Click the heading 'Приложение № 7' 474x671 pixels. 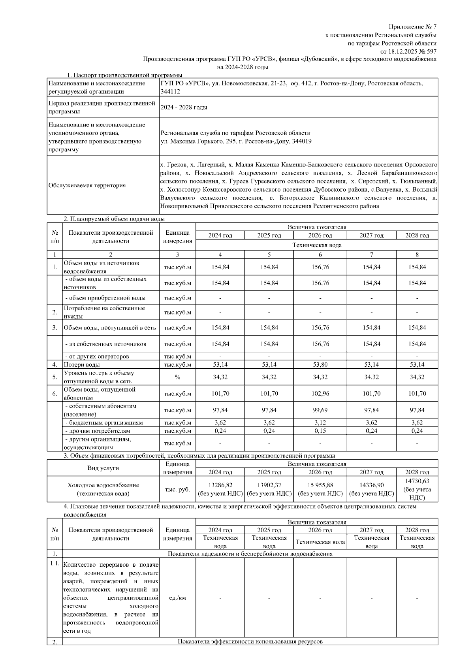(413, 27)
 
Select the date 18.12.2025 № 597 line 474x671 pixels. (408, 51)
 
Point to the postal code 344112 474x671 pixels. (170, 92)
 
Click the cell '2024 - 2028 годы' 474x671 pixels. (184, 107)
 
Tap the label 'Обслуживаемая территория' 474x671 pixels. (87, 185)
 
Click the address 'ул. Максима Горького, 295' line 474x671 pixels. (236, 141)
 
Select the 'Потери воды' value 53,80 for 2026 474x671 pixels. (320, 364)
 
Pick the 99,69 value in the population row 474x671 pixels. (320, 410)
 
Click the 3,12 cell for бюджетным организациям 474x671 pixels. (320, 422)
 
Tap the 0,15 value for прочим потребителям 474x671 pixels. (320, 431)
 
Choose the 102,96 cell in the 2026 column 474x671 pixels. (320, 394)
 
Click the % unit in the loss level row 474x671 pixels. (177, 377)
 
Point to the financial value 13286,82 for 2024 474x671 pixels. (220, 485)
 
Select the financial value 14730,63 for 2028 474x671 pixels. (417, 481)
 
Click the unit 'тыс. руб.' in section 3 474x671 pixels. (177, 489)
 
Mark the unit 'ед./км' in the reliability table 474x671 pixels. (177, 598)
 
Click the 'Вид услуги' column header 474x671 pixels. (103, 468)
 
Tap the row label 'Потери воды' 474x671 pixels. (82, 364)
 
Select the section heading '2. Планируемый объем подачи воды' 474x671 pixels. (115, 219)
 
